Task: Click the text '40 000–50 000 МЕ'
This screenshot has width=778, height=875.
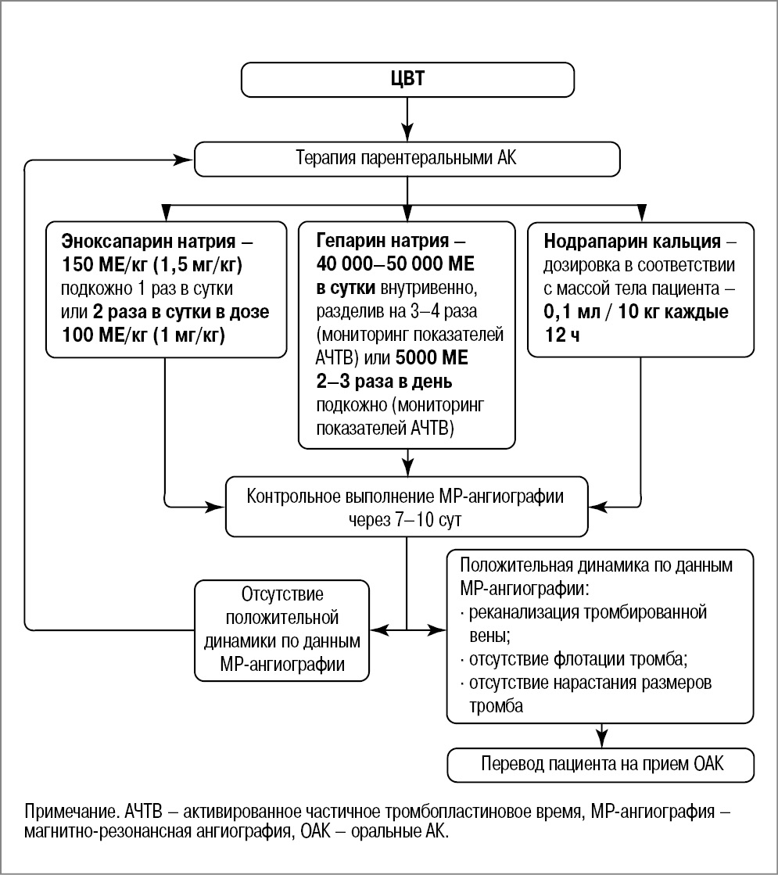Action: pos(396,263)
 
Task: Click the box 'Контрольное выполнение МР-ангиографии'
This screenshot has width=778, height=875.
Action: pos(405,497)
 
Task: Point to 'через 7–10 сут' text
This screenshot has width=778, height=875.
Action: pos(405,521)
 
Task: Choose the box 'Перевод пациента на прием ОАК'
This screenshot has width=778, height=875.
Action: pos(601,765)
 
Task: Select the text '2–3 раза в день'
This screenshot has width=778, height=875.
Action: pos(385,382)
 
